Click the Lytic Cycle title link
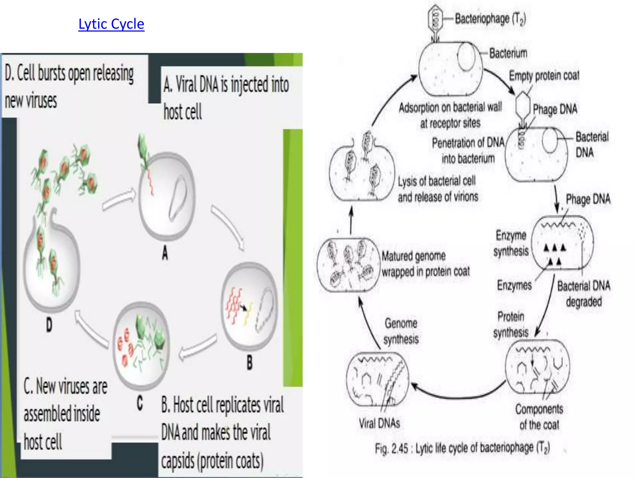tap(111, 24)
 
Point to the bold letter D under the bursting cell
tap(49, 325)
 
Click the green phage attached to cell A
tap(143, 149)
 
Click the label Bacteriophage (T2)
tap(490, 19)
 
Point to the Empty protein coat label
tap(544, 75)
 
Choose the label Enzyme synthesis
tap(511, 243)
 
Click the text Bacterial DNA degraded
tap(584, 293)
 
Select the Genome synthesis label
tap(401, 331)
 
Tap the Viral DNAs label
tap(379, 423)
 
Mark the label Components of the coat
tap(539, 417)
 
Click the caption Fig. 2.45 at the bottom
tap(462, 448)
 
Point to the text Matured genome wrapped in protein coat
tap(425, 264)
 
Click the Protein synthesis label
tap(511, 324)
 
